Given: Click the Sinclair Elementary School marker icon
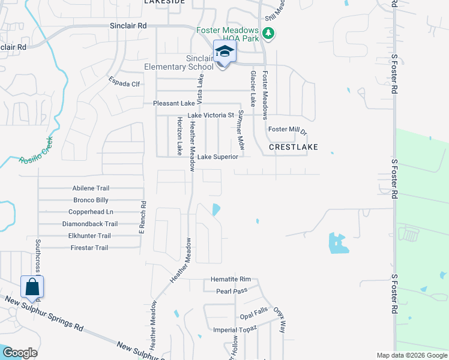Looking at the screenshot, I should click(x=225, y=52).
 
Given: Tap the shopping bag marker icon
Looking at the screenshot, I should click(x=32, y=286).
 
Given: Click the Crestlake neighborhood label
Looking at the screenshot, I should click(x=293, y=146).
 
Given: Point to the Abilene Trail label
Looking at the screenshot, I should click(x=91, y=188).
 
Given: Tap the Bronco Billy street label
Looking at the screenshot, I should click(x=91, y=200).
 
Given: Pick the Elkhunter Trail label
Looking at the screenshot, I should click(x=91, y=236).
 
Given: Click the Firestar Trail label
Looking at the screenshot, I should click(x=89, y=248).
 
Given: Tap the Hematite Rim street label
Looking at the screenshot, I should click(x=231, y=280).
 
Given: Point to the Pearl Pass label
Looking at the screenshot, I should click(x=232, y=291).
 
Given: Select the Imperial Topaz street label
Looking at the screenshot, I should click(x=235, y=329).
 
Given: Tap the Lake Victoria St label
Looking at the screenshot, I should click(x=210, y=115).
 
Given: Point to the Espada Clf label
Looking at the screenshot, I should click(x=124, y=84).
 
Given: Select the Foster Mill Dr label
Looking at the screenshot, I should click(x=288, y=130).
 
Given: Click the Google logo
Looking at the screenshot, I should click(x=20, y=353).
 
